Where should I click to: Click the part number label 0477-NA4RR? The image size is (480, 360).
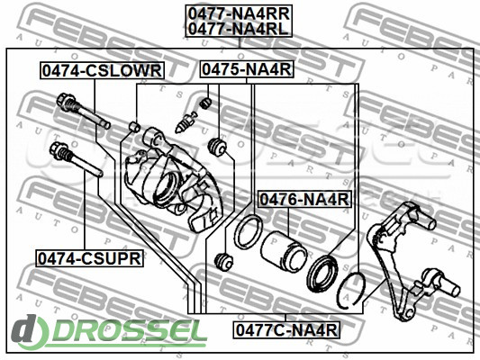click(x=239, y=13)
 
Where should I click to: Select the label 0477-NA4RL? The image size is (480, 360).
click(x=239, y=29)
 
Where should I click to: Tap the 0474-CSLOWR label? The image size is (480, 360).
click(x=102, y=71)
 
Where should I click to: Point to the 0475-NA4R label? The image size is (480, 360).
click(x=247, y=69)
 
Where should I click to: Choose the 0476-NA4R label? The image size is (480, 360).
click(x=304, y=200)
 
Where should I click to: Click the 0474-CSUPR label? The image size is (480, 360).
click(x=90, y=258)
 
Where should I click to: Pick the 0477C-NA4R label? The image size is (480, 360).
click(x=286, y=330)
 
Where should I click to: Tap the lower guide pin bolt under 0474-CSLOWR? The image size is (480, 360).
click(x=83, y=112)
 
